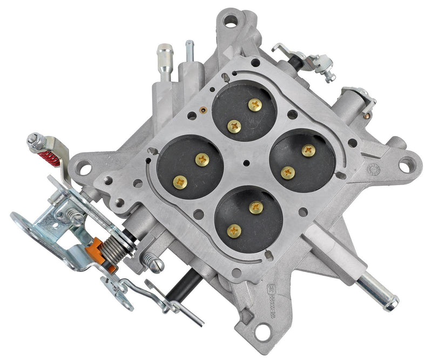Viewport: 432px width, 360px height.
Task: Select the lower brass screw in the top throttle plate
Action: pyautogui.click(x=234, y=126)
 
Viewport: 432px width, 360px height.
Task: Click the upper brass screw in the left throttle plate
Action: pyautogui.click(x=202, y=159)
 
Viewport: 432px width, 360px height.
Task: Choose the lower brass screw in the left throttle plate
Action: pyautogui.click(x=178, y=182)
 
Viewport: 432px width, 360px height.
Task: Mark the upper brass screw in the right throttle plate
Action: pyautogui.click(x=308, y=151)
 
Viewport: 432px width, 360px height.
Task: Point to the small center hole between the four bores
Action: pyautogui.click(x=246, y=163)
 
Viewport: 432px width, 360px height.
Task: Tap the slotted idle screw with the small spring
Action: pyautogui.click(x=152, y=263)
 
